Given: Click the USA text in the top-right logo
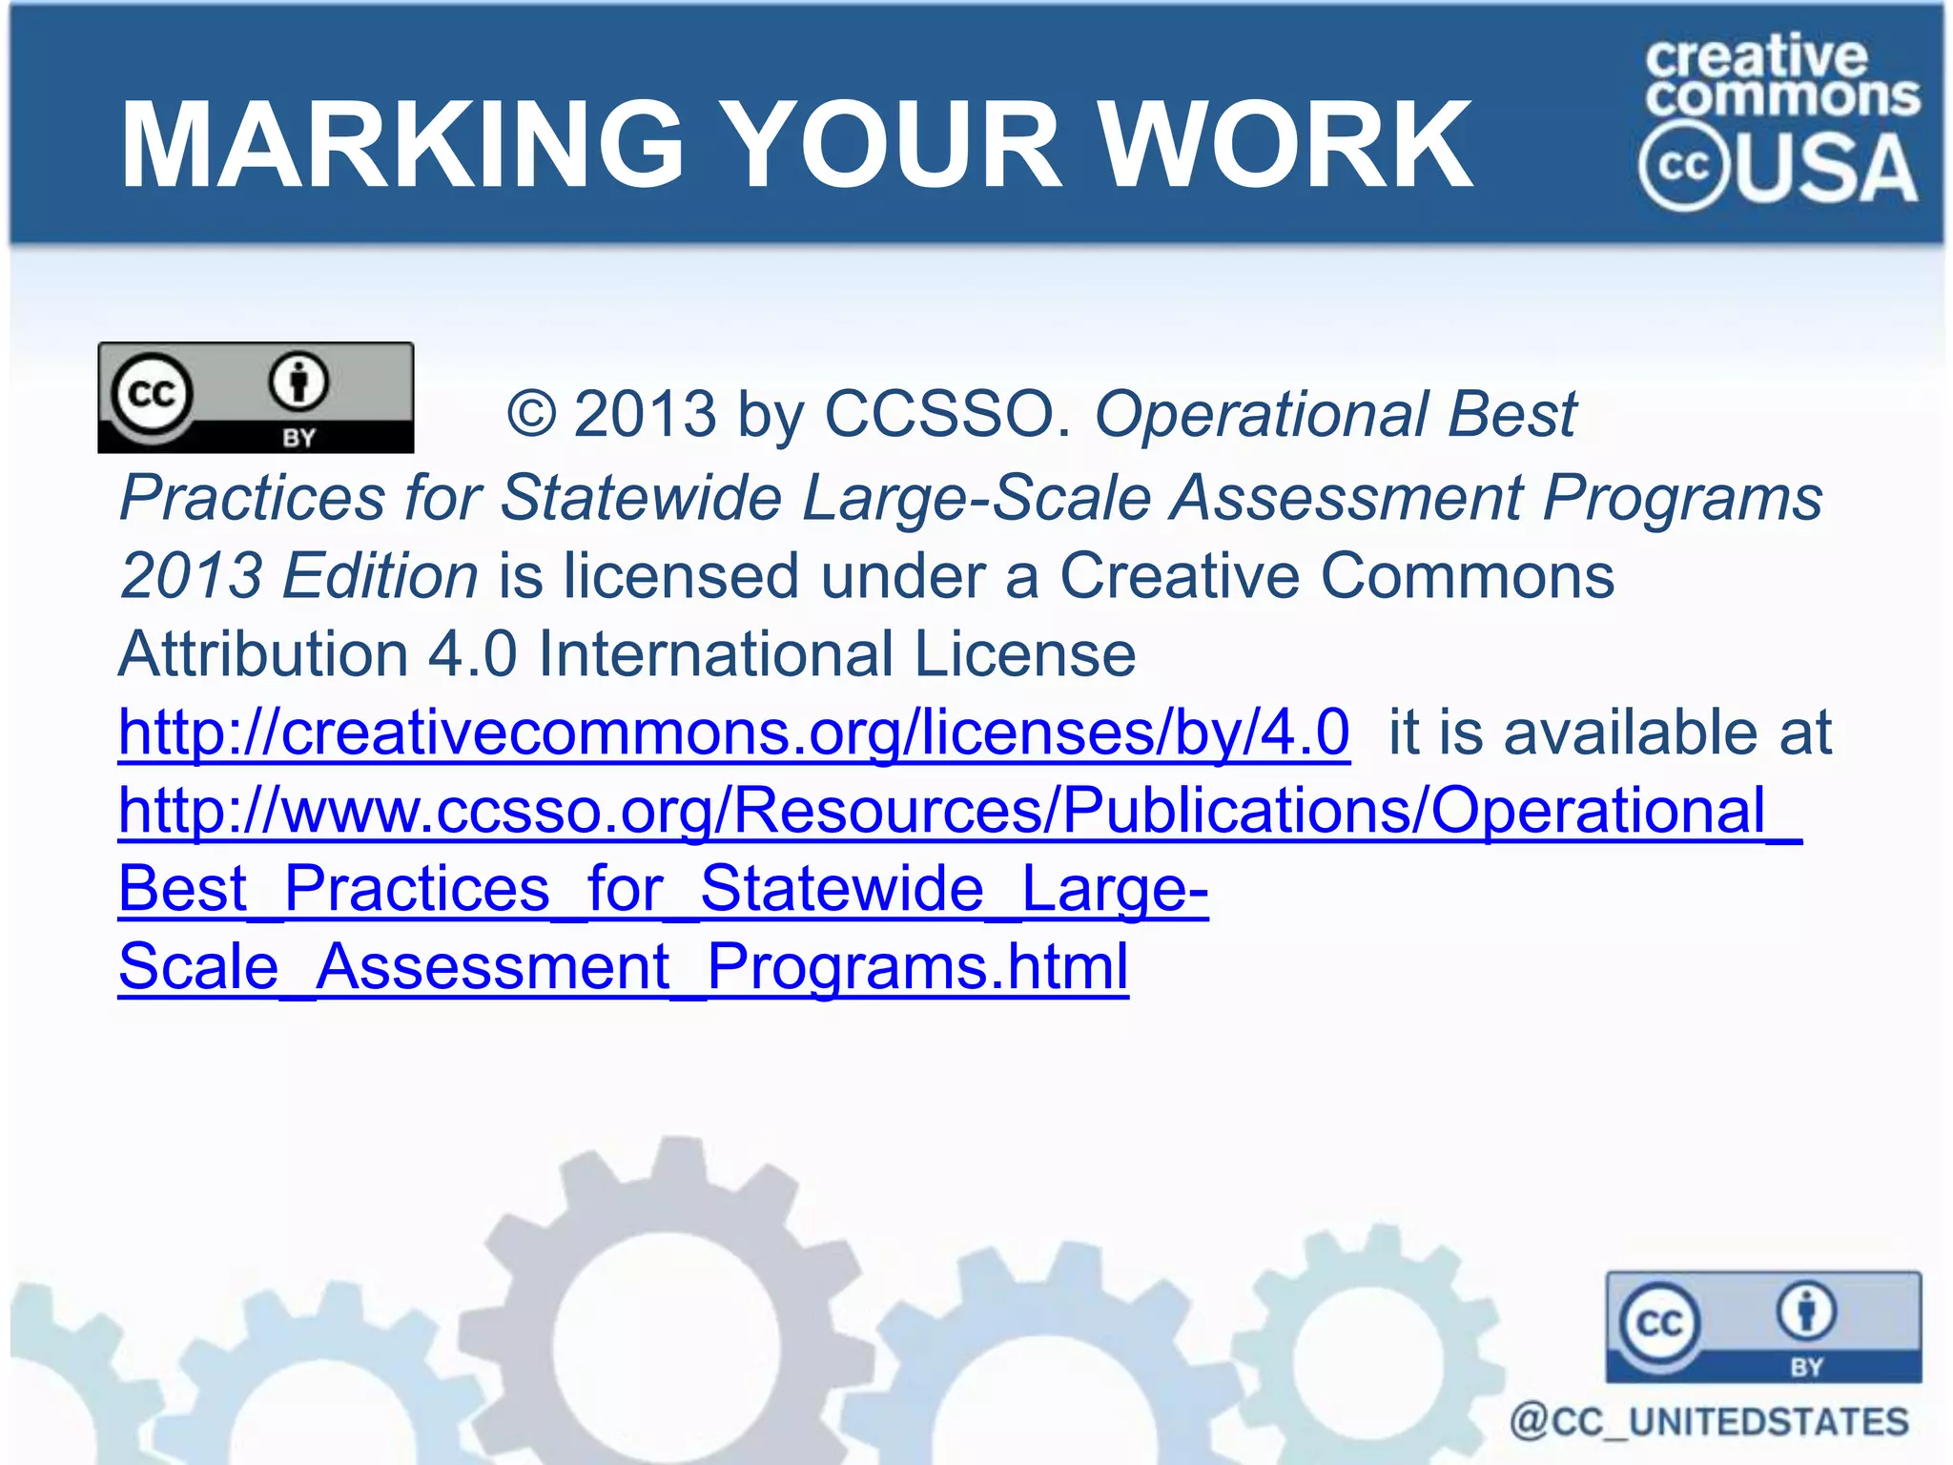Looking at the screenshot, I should (x=1829, y=170).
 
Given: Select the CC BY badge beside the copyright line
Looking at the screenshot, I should (x=256, y=397).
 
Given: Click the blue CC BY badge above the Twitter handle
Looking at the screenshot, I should (x=1763, y=1327).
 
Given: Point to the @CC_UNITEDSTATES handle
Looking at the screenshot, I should (x=1710, y=1421).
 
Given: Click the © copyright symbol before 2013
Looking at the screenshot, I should (x=531, y=414).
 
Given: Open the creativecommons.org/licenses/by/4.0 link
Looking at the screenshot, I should (x=733, y=732).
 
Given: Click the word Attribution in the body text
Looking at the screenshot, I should (x=262, y=654).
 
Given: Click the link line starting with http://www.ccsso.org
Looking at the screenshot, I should (x=959, y=811).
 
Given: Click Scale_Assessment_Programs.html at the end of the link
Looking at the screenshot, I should (x=624, y=967).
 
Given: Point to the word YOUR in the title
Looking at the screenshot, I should (x=896, y=145).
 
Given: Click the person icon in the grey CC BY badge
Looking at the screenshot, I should (x=298, y=382).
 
